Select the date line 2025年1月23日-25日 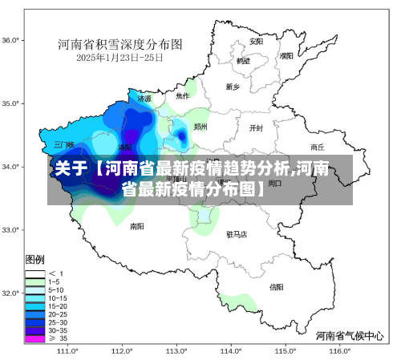(x=119, y=58)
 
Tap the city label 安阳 (x=256, y=41)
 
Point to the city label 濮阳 (x=287, y=56)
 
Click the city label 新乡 (x=233, y=87)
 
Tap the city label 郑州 (x=200, y=127)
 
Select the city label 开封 (x=256, y=127)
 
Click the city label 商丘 (x=317, y=148)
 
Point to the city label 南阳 (x=137, y=226)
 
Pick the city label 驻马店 (x=237, y=234)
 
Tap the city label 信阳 (x=276, y=286)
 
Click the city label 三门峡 (x=63, y=145)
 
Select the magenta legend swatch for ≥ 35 (x=34, y=338)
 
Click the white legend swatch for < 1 (x=34, y=273)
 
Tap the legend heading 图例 (x=34, y=261)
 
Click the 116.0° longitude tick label (x=340, y=350)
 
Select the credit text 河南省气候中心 (x=350, y=335)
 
